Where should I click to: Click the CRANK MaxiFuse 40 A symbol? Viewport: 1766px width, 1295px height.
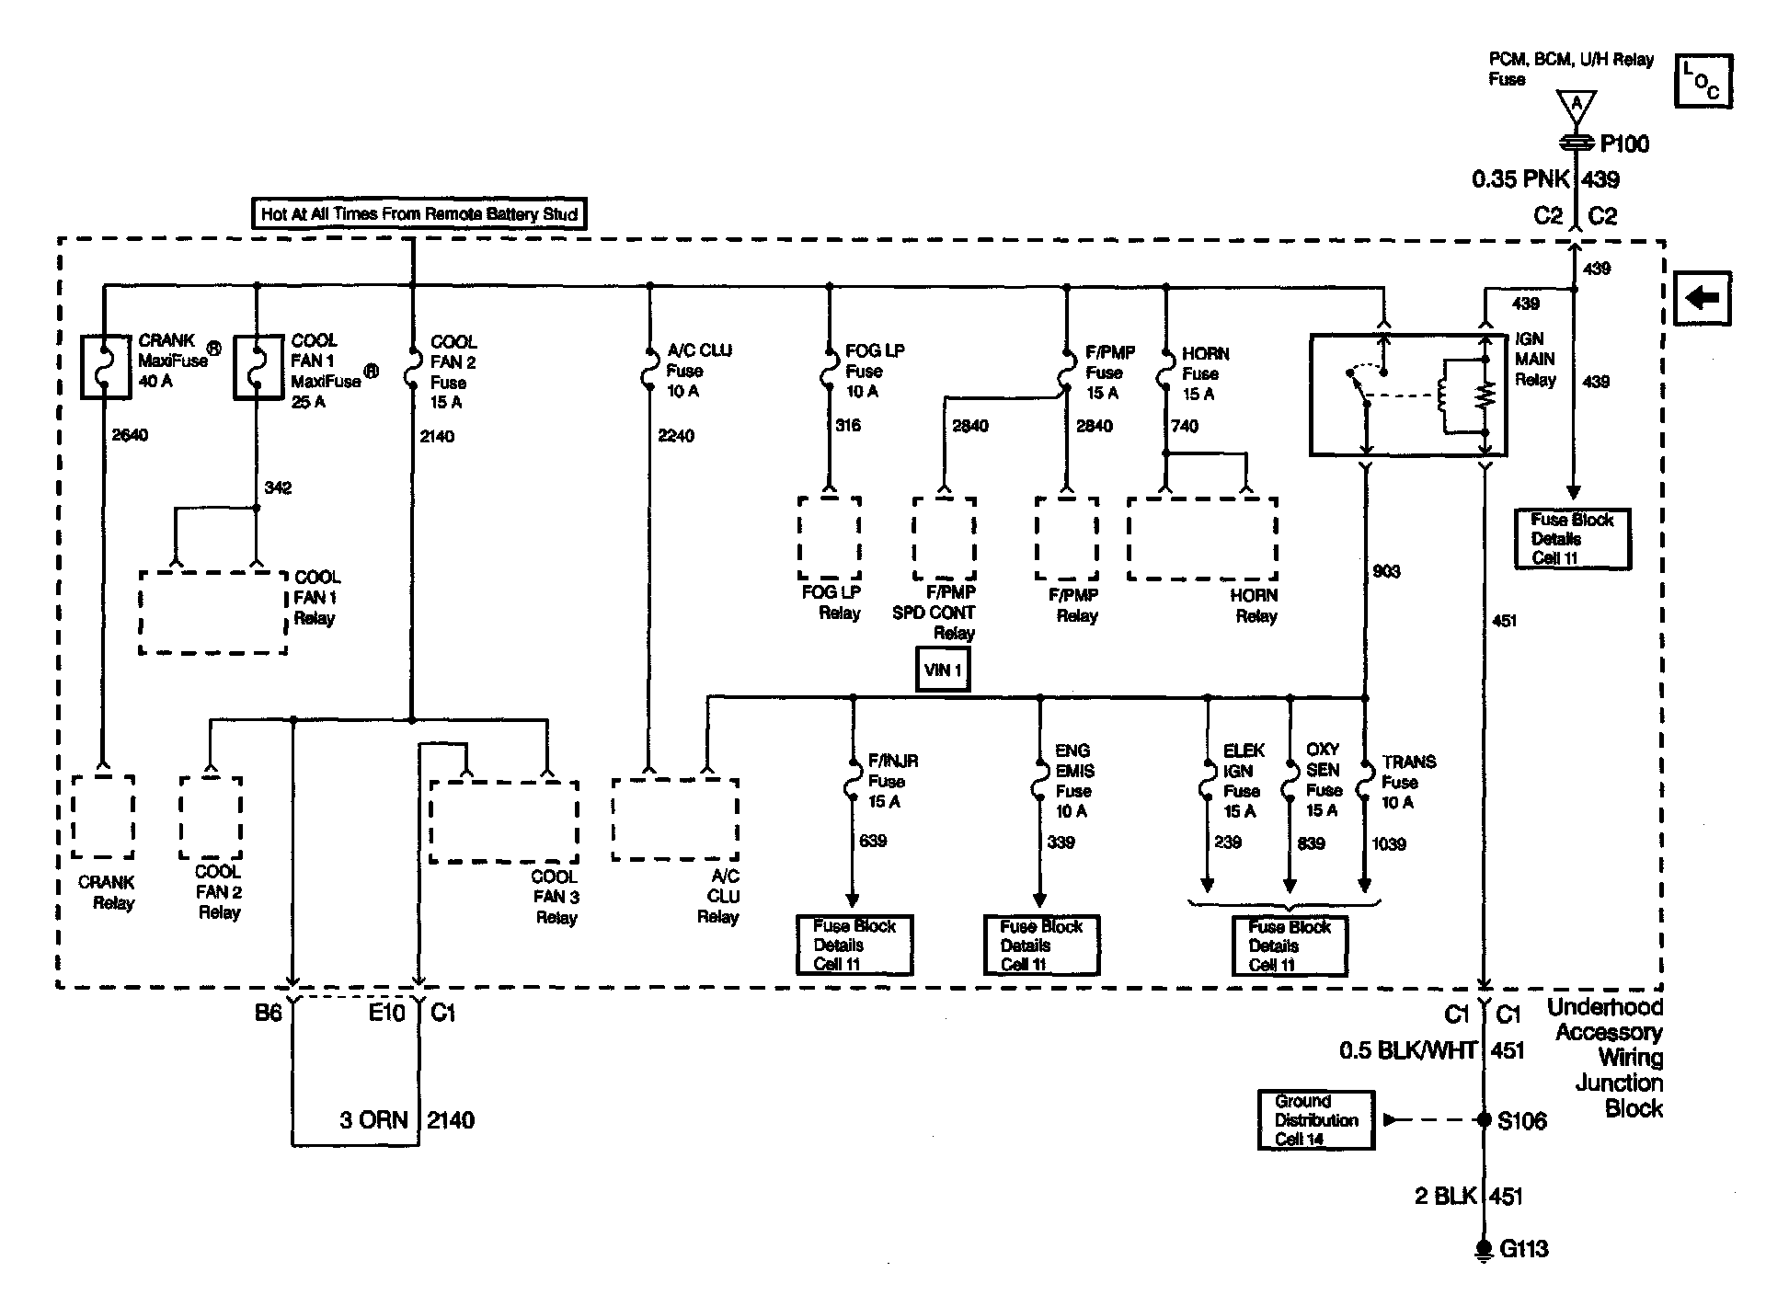(106, 366)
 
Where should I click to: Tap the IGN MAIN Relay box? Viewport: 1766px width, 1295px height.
(1407, 395)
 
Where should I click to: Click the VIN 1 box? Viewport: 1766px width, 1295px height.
(943, 670)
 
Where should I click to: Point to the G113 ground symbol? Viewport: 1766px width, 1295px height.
(1483, 1248)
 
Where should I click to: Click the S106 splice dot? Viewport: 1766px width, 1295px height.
(1483, 1119)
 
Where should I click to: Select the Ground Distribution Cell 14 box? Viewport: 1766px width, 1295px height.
(1315, 1119)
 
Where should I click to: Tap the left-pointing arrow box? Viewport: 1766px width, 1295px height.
(1703, 298)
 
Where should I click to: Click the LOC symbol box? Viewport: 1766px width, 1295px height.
(1703, 81)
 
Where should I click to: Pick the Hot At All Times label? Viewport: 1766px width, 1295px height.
(419, 214)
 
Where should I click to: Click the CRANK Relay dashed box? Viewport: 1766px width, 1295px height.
(103, 817)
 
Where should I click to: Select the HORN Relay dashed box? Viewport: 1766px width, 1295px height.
(1202, 539)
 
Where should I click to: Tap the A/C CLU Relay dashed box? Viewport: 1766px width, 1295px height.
(675, 819)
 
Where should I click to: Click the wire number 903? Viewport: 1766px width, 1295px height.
(1386, 571)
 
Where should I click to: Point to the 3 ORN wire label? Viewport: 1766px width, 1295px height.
(373, 1119)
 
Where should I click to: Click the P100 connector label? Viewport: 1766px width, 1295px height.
(1624, 143)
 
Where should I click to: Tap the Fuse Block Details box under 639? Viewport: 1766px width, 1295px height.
(854, 945)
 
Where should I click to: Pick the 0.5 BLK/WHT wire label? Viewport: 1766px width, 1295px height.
(1408, 1050)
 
